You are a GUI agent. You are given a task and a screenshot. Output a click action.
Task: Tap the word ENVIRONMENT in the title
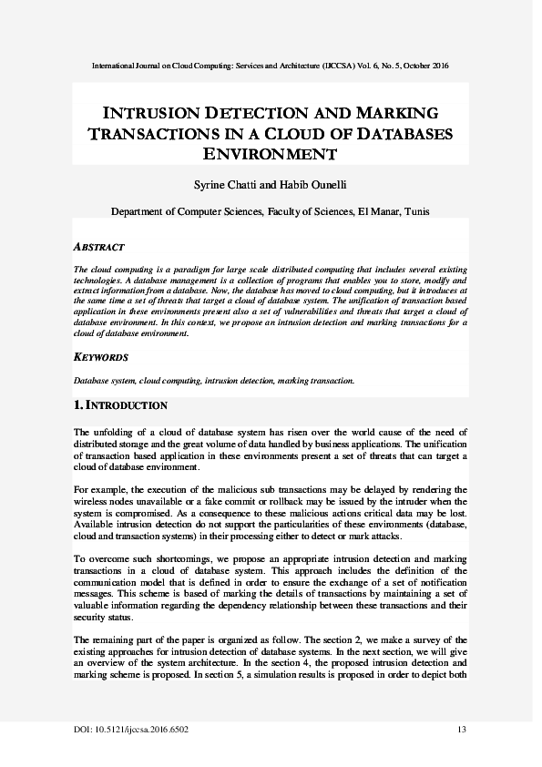271,154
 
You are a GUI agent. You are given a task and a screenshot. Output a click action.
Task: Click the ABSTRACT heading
98,247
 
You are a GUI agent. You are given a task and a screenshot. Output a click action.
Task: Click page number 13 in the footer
461,731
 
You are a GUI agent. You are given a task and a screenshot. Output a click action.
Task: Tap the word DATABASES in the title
400,134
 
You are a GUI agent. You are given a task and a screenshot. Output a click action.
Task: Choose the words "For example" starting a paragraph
97,489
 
